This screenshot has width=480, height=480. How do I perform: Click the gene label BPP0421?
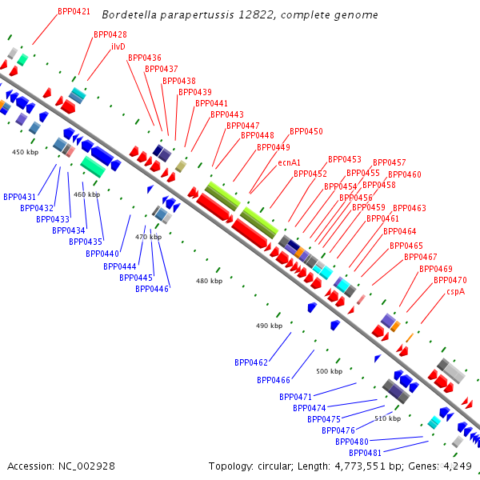(x=74, y=12)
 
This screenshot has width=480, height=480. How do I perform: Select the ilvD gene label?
(x=118, y=47)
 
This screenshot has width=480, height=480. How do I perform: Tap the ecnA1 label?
(x=289, y=162)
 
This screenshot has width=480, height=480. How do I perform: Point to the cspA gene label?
(x=455, y=292)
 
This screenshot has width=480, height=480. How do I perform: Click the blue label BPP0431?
(x=19, y=197)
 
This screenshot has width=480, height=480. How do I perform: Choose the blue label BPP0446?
(x=152, y=289)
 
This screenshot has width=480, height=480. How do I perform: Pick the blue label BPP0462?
(x=251, y=362)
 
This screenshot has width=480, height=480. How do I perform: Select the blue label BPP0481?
(x=366, y=453)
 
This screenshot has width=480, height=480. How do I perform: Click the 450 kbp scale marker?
(x=25, y=152)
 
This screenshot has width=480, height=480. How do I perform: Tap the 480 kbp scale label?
(x=209, y=281)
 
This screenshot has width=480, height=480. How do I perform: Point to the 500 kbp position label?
(x=329, y=371)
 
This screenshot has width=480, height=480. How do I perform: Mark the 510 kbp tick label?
(x=387, y=418)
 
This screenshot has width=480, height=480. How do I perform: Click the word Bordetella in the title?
(x=130, y=14)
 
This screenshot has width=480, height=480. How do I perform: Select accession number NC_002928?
(x=86, y=466)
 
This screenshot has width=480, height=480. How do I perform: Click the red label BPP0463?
(x=410, y=208)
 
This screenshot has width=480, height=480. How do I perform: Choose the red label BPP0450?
(x=306, y=131)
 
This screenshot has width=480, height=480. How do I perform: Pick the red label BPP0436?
(x=145, y=58)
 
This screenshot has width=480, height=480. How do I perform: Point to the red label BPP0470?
(x=450, y=280)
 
